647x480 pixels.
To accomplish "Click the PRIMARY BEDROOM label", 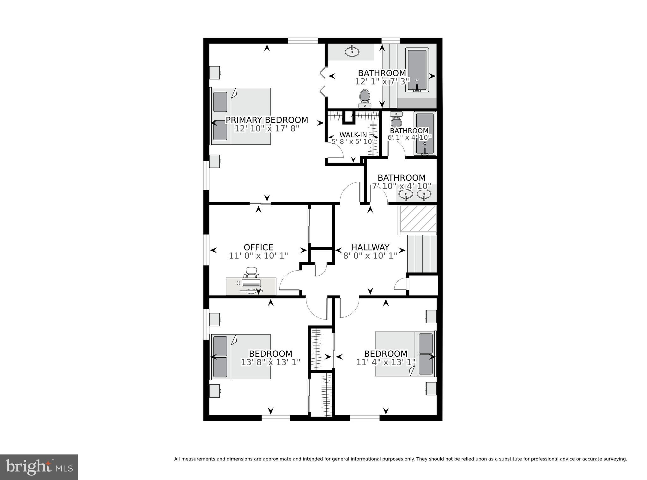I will click(x=267, y=120).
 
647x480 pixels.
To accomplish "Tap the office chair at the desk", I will click(x=251, y=272).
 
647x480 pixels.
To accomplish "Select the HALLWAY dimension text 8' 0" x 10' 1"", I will click(x=370, y=256).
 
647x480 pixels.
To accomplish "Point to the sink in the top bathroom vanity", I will click(x=352, y=51).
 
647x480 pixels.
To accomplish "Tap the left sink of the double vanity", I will click(x=405, y=195).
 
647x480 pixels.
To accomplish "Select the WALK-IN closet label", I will click(x=353, y=135).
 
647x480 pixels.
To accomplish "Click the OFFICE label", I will click(x=258, y=247).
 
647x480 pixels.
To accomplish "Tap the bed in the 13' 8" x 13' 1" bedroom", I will click(x=241, y=356).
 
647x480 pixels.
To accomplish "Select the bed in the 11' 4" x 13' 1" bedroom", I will click(x=405, y=354).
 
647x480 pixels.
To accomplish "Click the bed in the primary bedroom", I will click(x=241, y=116).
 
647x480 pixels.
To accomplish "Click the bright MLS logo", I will click(x=39, y=467).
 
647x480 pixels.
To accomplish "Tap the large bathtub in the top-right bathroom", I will click(x=417, y=70).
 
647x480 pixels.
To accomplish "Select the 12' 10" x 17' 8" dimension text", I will click(x=267, y=128).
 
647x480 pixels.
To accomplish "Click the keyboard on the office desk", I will click(x=251, y=283).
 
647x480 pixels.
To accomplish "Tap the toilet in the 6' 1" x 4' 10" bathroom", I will click(x=396, y=120).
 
